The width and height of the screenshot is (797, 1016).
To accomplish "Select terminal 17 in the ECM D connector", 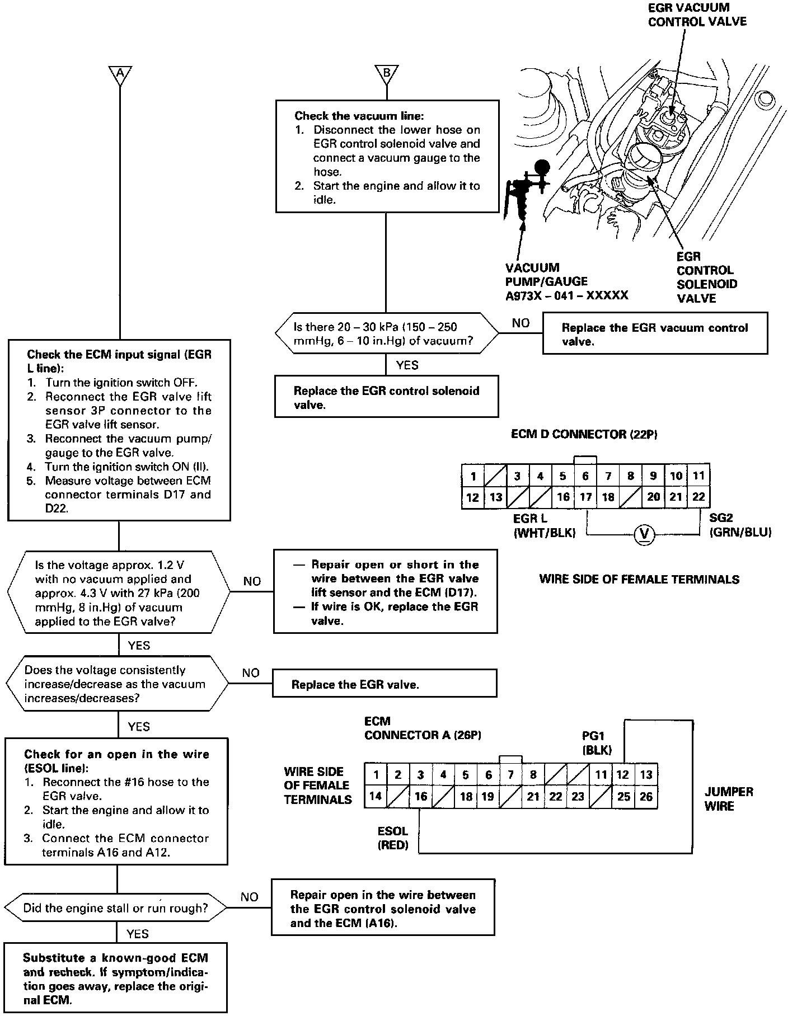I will pos(585,497).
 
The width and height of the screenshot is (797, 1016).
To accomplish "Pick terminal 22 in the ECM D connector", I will pos(698,497).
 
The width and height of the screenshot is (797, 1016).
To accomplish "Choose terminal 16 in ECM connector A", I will pos(420,797).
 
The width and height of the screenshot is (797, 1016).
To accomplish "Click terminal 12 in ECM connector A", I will pos(622,775).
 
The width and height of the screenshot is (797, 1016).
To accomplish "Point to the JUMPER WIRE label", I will pos(728,799).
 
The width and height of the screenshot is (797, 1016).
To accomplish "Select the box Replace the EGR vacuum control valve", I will pos(655,335).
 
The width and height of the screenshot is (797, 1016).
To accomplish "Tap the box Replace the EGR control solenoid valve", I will pos(386,397).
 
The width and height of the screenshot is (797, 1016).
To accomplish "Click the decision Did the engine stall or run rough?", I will pos(116,908).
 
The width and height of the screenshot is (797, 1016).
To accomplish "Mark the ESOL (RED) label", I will pos(392,838).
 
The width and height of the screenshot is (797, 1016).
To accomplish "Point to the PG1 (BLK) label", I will pos(597,743).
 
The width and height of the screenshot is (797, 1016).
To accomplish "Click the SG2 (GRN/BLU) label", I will pos(740,525).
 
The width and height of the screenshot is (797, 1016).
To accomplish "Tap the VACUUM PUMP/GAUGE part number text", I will pos(566,295).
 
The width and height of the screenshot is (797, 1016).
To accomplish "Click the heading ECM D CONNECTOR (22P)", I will pos(584,435).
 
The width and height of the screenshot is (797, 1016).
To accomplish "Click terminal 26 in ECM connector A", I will pos(646,797).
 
